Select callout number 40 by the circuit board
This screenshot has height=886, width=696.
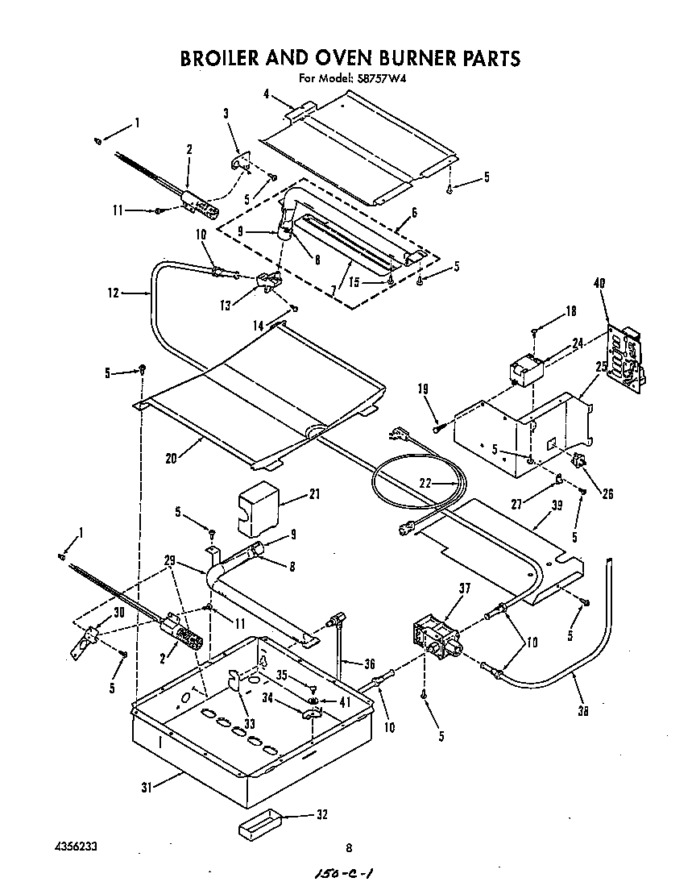coord(599,283)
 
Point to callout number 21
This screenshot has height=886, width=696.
coord(292,495)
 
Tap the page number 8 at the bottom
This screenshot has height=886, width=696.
coord(349,847)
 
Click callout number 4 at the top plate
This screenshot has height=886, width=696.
coord(266,94)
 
